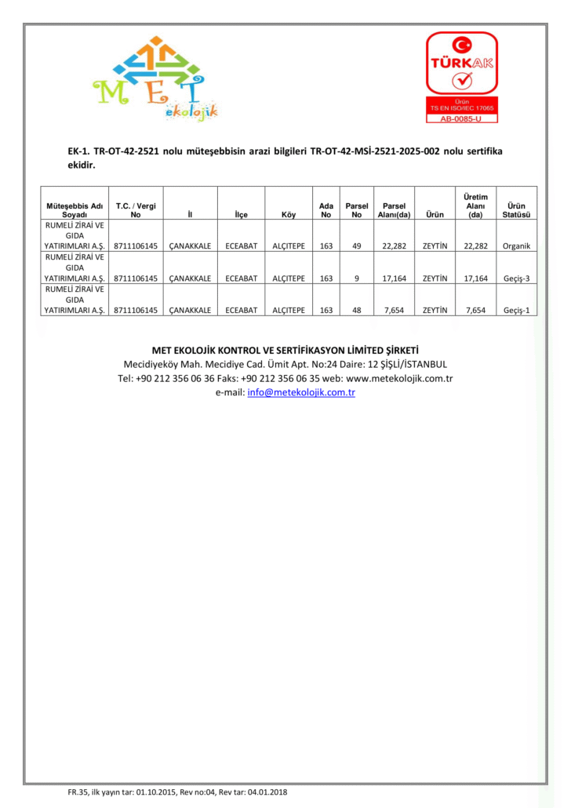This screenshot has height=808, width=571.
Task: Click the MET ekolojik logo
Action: pos(154,78)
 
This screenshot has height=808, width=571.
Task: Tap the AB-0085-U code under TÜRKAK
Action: pos(461,118)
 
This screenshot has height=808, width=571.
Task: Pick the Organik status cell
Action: pos(516,246)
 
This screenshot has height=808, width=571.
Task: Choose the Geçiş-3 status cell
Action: pos(516,278)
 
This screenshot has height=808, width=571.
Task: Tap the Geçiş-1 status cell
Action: pos(516,310)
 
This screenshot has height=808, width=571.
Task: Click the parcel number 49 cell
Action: pos(356,246)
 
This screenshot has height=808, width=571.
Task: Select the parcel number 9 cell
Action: pos(356,278)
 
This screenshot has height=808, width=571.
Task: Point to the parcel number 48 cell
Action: pos(356,310)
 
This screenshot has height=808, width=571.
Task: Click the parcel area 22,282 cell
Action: pos(393,246)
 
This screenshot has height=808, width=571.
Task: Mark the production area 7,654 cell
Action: pos(475,310)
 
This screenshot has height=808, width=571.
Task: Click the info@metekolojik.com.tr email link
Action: pos(301,392)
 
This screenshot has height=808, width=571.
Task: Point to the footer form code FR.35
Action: pos(78,792)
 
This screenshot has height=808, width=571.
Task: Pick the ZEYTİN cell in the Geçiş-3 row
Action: pos(435,278)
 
